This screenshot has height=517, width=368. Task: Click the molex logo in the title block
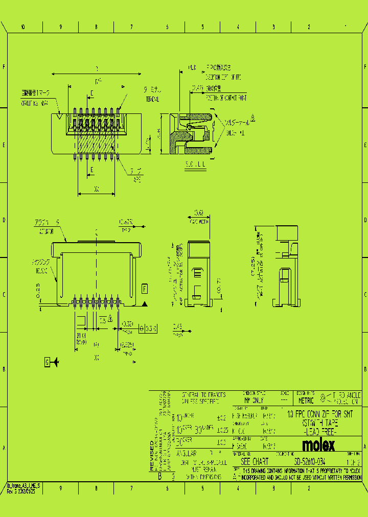[x=318, y=445]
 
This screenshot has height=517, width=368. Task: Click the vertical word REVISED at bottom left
[x=152, y=460]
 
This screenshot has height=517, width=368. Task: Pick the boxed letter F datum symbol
[x=145, y=289]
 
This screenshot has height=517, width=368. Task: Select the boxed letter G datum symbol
[x=47, y=362]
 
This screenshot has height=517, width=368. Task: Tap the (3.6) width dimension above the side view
[x=199, y=213]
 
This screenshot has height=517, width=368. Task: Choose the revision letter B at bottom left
[x=159, y=476]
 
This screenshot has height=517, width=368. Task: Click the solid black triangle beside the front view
[x=145, y=304]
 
